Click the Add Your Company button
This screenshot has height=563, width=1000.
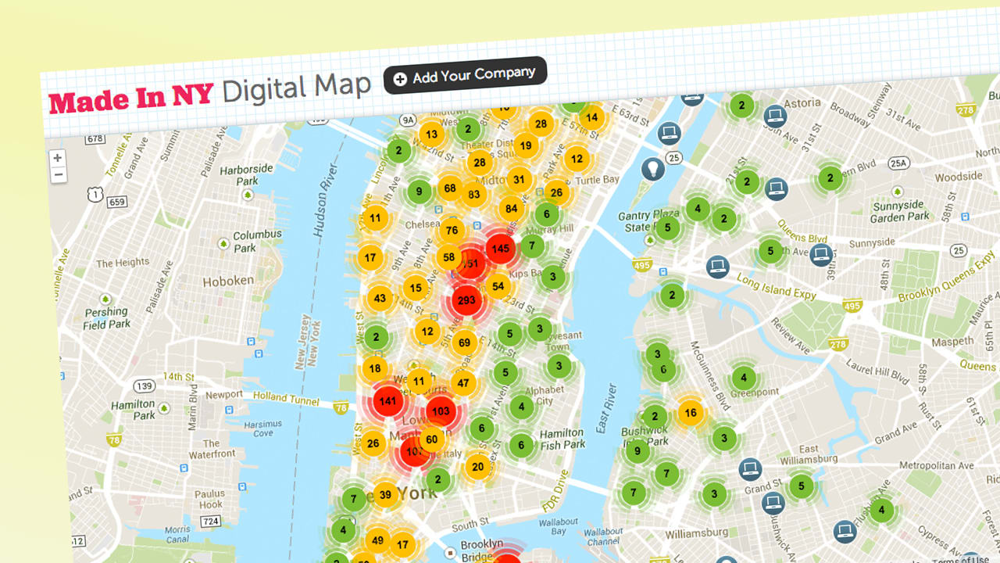coord(465,76)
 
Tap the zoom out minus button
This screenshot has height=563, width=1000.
coord(58,175)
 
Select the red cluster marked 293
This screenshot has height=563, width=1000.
coord(466,300)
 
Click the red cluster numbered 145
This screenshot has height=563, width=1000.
coord(501,249)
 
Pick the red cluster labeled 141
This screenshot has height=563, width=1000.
coord(387,402)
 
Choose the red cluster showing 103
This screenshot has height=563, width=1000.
coord(441,411)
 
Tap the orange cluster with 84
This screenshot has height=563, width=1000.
coord(512,209)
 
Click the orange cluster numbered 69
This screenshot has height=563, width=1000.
coord(464,342)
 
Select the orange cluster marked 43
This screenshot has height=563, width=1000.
coord(380,298)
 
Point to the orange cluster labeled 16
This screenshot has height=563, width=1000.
coord(690,413)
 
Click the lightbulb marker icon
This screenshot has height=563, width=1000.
coord(652,167)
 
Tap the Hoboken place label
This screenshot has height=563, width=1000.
coord(228,281)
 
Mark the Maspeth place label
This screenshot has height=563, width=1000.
coord(952,342)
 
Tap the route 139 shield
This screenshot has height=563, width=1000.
coord(144,386)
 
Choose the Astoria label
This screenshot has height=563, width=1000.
coord(802,103)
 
